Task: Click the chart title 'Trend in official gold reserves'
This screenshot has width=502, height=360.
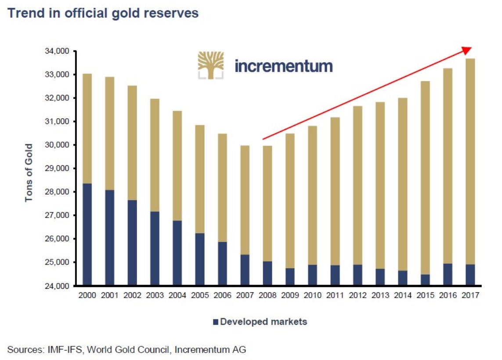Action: click(103, 13)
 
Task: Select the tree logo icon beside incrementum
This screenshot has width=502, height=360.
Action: click(210, 65)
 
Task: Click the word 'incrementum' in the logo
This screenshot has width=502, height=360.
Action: click(283, 66)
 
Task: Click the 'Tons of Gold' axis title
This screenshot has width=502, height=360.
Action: click(29, 172)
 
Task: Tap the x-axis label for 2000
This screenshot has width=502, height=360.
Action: click(87, 295)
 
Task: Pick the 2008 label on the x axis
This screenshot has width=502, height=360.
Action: click(267, 295)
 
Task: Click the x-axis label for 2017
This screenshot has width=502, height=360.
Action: click(470, 295)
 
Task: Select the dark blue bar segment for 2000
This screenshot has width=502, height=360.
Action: click(87, 234)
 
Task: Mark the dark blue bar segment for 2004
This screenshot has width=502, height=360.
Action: click(177, 253)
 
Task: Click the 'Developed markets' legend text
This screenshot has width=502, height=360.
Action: click(264, 322)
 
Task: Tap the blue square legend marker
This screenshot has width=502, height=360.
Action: click(215, 322)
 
